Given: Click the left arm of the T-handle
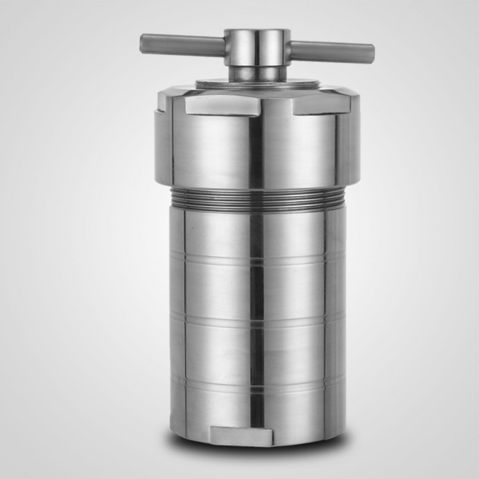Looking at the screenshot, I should pyautogui.click(x=182, y=45).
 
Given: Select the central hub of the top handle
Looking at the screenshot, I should pyautogui.click(x=257, y=46).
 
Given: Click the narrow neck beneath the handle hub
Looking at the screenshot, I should pyautogui.click(x=257, y=73).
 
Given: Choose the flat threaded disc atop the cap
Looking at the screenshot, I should pyautogui.click(x=257, y=83).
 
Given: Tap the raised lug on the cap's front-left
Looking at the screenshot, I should pyautogui.click(x=223, y=105).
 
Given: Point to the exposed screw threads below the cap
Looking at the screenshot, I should pyautogui.click(x=257, y=197).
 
